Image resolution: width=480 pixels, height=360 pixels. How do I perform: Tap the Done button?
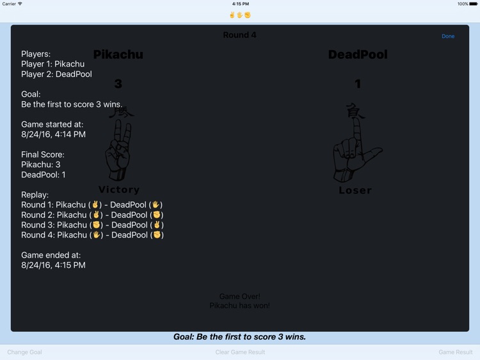tap(448, 36)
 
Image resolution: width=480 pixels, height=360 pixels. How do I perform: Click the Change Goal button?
tap(25, 352)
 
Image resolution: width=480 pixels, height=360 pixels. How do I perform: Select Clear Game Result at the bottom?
tap(240, 352)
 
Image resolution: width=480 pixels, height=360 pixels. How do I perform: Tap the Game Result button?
tap(455, 352)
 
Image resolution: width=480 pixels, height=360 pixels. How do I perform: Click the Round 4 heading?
tap(239, 35)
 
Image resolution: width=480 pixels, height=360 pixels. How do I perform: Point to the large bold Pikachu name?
tap(118, 55)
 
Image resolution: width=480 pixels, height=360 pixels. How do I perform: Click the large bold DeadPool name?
tap(358, 55)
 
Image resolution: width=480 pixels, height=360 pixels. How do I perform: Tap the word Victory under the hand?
tap(119, 190)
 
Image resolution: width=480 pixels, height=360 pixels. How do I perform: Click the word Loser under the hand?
tap(355, 190)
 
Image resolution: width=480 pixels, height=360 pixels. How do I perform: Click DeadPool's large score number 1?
tap(358, 84)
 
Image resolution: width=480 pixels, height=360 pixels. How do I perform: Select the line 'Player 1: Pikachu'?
tap(52, 64)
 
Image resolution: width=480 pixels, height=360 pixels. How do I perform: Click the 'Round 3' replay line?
tap(92, 225)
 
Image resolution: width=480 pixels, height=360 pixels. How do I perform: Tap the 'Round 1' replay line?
tap(92, 205)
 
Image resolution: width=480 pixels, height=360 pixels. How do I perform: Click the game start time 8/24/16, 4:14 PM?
tap(53, 135)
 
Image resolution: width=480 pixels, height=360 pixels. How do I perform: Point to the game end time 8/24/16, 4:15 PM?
tap(53, 265)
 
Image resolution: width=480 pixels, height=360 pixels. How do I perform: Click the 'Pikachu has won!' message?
tap(240, 306)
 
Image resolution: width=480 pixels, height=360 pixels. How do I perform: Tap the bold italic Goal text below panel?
tap(239, 337)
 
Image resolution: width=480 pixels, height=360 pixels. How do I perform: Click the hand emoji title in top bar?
tap(240, 15)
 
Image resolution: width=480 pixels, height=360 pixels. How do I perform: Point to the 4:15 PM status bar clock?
tap(240, 4)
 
